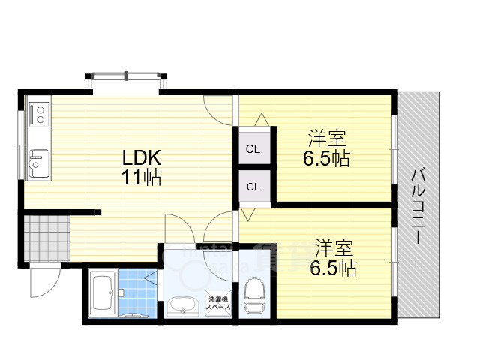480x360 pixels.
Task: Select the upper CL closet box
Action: point(253,149)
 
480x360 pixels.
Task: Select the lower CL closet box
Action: point(253,187)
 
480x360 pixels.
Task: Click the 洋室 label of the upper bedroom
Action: point(327,139)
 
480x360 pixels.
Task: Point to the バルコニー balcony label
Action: point(416,206)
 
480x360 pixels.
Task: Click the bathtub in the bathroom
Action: point(103,295)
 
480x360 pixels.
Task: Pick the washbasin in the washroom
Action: point(180,305)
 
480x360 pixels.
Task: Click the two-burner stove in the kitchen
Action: point(38,115)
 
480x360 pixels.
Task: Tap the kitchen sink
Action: point(38,162)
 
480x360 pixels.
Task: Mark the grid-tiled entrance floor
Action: point(45,238)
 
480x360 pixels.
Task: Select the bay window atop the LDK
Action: point(125,79)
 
